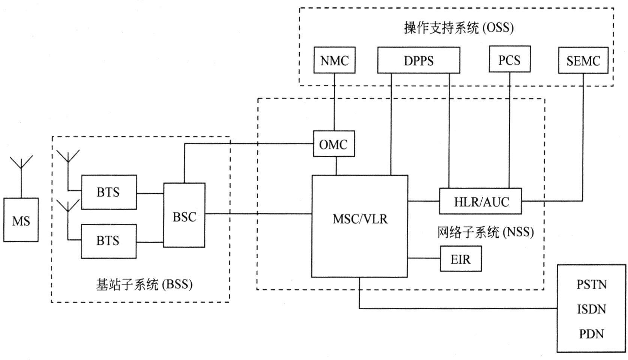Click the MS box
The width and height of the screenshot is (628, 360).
tap(21, 220)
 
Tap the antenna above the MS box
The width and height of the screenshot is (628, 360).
tap(21, 165)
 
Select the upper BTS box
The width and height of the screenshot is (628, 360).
tap(109, 192)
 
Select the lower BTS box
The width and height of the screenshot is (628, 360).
tap(109, 241)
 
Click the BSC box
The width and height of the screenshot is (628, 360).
tap(184, 215)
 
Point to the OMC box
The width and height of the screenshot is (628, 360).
tap(334, 144)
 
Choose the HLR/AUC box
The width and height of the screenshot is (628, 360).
tap(480, 201)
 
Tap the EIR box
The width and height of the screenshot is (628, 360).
tap(460, 259)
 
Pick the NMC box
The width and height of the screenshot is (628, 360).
tap(334, 60)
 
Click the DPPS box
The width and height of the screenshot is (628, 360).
tap(418, 60)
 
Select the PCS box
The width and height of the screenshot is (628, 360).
tap(509, 59)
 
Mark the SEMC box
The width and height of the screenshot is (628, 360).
tap(583, 60)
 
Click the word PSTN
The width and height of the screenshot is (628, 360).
tap(592, 285)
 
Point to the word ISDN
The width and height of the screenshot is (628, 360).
tap(592, 309)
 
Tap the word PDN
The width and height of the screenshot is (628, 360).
tap(592, 334)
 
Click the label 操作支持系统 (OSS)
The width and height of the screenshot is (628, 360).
tap(458, 27)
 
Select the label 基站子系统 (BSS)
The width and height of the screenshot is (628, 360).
tap(144, 285)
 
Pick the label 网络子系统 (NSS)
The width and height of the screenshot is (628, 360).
tap(485, 232)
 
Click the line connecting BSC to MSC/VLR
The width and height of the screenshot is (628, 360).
tap(259, 214)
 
